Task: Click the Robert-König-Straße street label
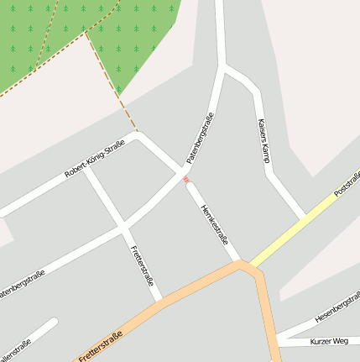(94, 160)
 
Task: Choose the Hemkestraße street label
(215, 222)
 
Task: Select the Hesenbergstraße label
(337, 308)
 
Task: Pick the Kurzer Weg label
(328, 341)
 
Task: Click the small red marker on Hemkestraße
(185, 179)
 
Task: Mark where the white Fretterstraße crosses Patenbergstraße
(123, 226)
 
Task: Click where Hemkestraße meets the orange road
(243, 264)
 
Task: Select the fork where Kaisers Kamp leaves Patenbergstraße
(226, 67)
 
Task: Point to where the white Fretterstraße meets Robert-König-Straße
(87, 171)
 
